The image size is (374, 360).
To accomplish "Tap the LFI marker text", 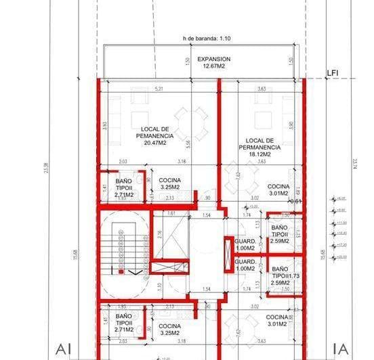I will [x=333, y=71].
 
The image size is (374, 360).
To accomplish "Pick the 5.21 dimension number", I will [x=159, y=89].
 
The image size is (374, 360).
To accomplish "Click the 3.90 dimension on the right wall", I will [x=292, y=125].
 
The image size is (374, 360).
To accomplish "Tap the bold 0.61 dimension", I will [x=295, y=201].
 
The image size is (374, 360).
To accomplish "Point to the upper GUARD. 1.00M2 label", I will [x=244, y=244].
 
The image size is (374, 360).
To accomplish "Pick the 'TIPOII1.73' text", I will [x=281, y=276].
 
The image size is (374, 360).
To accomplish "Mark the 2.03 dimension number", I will [x=123, y=162].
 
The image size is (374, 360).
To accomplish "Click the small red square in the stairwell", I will [x=121, y=273].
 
